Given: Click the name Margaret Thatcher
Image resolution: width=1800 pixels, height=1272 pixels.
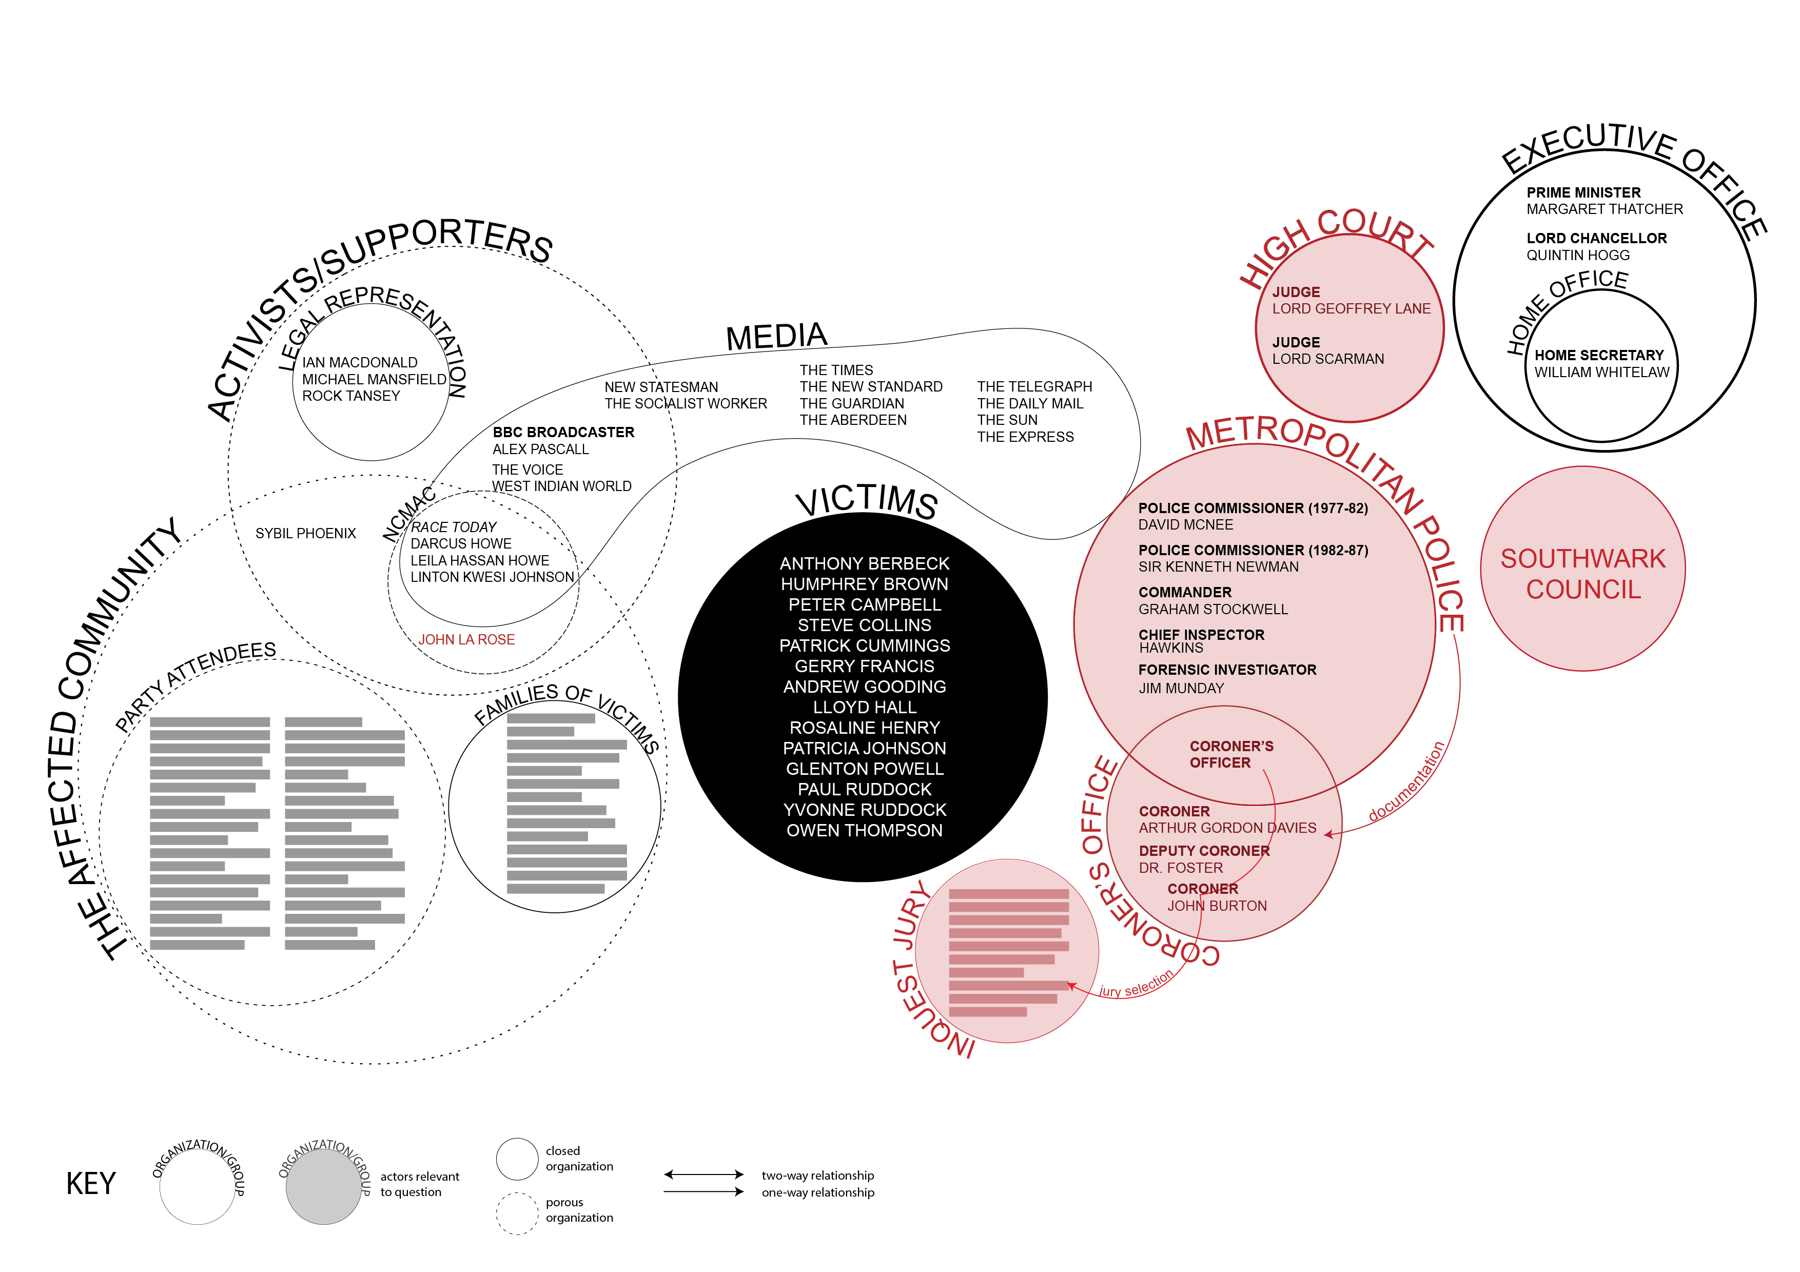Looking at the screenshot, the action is pos(1604,209).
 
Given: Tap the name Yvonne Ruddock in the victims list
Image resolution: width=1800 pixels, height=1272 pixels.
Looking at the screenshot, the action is pos(864,810).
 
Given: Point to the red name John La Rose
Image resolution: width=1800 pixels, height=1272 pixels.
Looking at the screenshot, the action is pos(466,639).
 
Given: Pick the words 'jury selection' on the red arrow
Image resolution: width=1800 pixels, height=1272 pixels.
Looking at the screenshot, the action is pos(1136,984).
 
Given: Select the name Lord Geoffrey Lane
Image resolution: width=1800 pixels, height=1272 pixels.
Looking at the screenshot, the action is pos(1351,309).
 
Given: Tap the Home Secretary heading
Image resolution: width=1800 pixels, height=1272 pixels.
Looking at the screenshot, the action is pos(1598,355).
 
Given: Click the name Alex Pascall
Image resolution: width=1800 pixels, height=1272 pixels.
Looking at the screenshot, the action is pos(540,449).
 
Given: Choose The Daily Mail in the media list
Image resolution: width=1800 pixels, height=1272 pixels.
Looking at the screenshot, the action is pos(1029,404).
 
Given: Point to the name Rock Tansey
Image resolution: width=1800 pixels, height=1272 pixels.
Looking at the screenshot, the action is pos(350,396).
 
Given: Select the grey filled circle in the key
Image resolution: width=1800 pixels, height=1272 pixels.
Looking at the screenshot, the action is pos(323,1187).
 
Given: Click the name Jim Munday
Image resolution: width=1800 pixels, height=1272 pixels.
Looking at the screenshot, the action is pos(1181,688).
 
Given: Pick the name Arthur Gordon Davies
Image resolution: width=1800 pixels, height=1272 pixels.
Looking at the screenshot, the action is pos(1227,828).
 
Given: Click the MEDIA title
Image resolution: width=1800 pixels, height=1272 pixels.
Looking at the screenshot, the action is pos(776,337).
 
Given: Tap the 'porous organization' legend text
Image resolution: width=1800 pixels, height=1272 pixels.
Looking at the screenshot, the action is pos(579,1209).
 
